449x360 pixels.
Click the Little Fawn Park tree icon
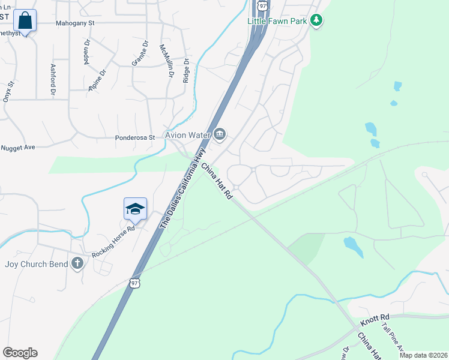[317, 21]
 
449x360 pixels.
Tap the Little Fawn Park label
[277, 21]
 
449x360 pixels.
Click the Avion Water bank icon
[220, 134]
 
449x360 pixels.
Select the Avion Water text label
[188, 134]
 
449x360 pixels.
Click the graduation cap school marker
[135, 209]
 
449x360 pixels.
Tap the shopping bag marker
[25, 20]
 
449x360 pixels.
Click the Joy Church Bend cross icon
[77, 263]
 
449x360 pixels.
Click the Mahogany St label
[76, 23]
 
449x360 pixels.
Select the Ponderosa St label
[135, 137]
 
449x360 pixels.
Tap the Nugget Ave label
[19, 147]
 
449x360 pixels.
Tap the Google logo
[20, 353]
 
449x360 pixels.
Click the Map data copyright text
[423, 355]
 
